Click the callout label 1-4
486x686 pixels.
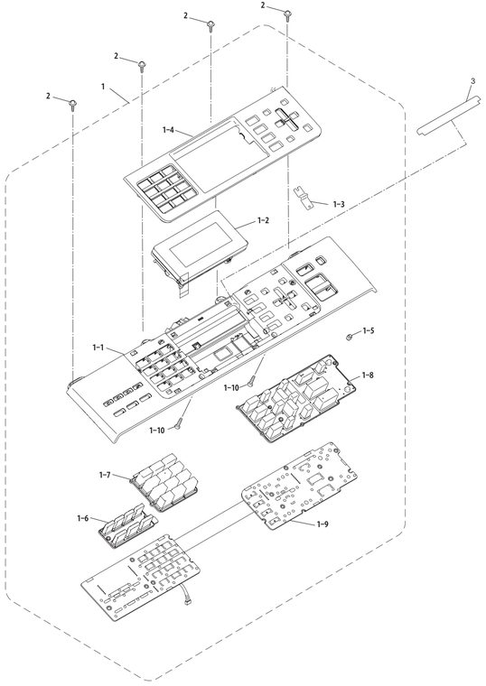168,129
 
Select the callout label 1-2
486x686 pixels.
263,220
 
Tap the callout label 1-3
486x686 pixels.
339,204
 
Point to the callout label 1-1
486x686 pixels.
98,348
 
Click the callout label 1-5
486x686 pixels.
369,330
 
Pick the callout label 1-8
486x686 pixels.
368,375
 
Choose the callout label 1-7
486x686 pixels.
105,475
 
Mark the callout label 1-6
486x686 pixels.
83,518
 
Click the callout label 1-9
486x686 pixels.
322,524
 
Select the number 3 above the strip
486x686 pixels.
472,81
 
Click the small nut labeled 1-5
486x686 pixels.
350,337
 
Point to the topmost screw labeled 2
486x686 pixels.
287,14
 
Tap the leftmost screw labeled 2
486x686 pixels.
72,105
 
